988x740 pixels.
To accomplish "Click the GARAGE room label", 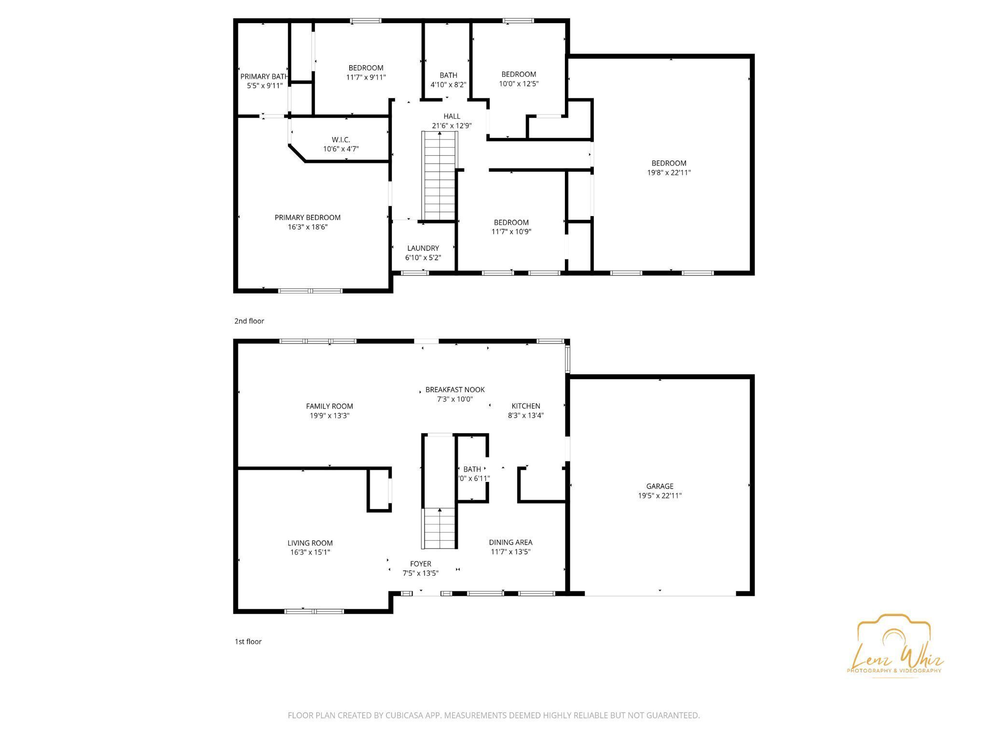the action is click(659, 486).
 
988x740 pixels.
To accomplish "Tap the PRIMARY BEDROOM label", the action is click(308, 218).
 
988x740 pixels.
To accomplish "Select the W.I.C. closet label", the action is click(341, 140).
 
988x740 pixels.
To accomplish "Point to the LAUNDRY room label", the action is click(423, 248).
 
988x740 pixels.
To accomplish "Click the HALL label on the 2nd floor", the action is click(452, 116).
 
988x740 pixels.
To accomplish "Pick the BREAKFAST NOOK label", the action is click(455, 390).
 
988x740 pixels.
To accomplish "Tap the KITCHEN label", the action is click(526, 406).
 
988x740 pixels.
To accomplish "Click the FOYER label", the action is click(421, 564).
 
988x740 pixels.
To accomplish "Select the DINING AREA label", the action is click(510, 542).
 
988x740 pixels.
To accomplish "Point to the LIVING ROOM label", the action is click(310, 543).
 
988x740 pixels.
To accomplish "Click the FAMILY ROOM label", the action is click(329, 406).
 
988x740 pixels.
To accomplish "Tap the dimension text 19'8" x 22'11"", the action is click(669, 173).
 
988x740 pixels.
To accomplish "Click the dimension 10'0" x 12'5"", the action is click(519, 83).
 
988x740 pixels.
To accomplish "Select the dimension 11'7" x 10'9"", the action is click(511, 232).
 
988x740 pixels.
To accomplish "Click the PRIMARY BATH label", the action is click(264, 77).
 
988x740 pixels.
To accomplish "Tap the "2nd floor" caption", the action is click(249, 321).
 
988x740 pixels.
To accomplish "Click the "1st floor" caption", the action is click(248, 642).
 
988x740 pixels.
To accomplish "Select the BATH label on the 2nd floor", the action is click(448, 75).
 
